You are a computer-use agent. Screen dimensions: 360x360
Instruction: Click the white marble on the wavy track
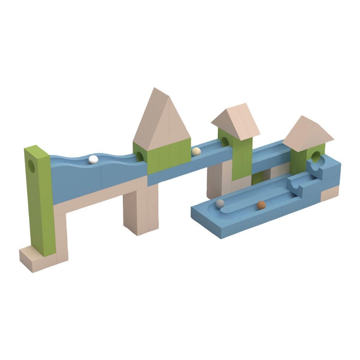click(93, 159)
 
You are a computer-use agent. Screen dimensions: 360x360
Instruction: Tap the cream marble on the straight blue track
click(195, 152)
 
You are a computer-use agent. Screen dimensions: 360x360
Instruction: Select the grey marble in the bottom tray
click(220, 204)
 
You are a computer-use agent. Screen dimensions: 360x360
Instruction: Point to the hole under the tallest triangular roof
click(139, 156)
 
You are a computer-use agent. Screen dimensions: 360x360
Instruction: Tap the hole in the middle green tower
click(224, 141)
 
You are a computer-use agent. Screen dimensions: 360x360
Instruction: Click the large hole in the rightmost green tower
click(316, 156)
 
